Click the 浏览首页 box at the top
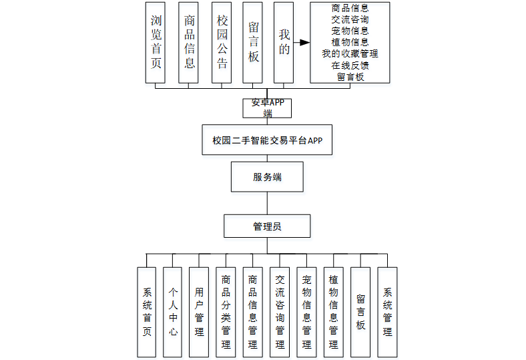tap(156, 42)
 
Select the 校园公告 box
tap(222, 42)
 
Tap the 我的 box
tap(284, 42)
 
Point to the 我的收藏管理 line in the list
tap(350, 53)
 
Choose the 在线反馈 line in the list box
tap(350, 65)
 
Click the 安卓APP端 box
tap(267, 108)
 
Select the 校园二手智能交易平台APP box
tap(267, 140)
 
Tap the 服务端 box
tap(267, 177)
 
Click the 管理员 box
tap(267, 226)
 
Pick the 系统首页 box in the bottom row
tap(147, 312)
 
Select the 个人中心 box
tap(173, 312)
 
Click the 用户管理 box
tap(199, 312)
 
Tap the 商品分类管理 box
tap(226, 312)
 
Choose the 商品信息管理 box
tap(253, 312)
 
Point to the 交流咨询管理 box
tap(280, 312)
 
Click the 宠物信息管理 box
tap(306, 312)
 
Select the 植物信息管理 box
tap(333, 312)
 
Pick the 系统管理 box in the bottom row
tap(387, 312)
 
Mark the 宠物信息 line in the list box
tap(350, 30)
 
